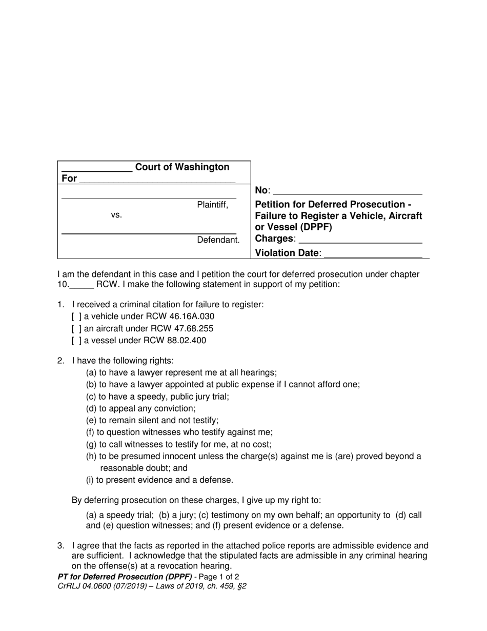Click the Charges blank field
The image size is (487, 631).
pyautogui.click(x=360, y=239)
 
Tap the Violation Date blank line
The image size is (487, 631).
pyautogui.click(x=374, y=253)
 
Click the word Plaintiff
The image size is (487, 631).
pyautogui.click(x=212, y=205)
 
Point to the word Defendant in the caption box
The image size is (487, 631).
pyautogui.click(x=218, y=240)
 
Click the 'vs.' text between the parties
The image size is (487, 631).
pyautogui.click(x=116, y=215)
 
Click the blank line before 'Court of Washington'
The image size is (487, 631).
pyautogui.click(x=97, y=168)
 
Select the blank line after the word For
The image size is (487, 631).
pyautogui.click(x=157, y=179)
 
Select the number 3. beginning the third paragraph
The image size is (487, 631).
pyautogui.click(x=61, y=546)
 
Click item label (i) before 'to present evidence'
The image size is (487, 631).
pyautogui.click(x=90, y=480)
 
